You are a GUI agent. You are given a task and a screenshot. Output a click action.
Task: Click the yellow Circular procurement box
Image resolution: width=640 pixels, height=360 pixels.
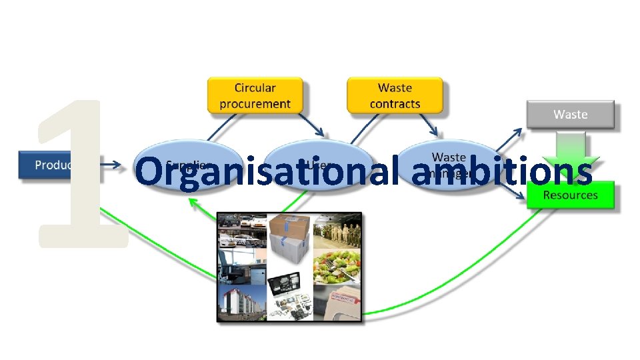255,95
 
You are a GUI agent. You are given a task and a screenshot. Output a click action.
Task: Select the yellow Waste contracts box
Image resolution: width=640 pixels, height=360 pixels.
395,95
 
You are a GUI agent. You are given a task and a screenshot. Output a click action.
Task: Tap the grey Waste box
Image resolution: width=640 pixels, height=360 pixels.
571,115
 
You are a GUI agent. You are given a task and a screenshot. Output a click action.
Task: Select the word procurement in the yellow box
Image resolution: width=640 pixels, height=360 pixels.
255,104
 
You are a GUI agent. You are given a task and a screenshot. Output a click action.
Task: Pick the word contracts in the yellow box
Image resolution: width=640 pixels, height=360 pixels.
395,104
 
